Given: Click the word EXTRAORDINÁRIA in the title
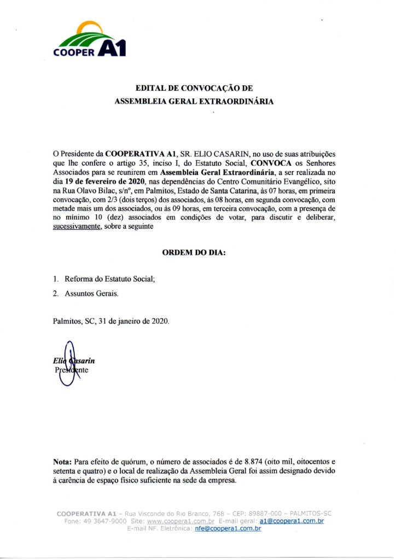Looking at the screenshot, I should pos(241,101).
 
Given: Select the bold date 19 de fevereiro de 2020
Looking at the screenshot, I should pos(104,181).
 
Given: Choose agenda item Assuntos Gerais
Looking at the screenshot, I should pos(91,294).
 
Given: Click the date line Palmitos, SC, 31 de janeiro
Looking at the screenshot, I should pos(111,322).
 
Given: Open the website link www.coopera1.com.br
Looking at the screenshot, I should pos(173,521).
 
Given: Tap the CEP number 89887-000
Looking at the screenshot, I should pos(265,514).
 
